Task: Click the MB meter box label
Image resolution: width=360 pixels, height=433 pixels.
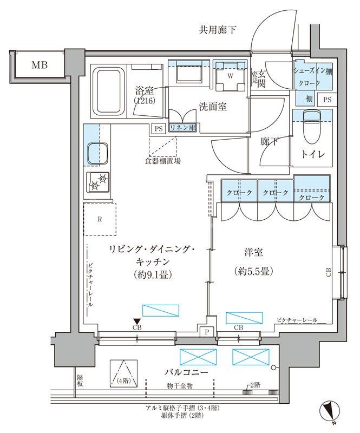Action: (39, 65)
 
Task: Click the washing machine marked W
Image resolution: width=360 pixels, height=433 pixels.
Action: (230, 76)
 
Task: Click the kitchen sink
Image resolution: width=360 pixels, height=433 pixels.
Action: (96, 153)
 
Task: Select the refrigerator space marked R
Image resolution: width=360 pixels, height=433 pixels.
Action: (100, 219)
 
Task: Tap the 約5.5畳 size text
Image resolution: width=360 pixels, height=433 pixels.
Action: (253, 271)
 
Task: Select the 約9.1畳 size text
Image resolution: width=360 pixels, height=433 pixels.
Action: (153, 274)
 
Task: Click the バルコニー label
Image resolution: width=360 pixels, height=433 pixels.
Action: (187, 372)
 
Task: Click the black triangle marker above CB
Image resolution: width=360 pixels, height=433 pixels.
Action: (137, 322)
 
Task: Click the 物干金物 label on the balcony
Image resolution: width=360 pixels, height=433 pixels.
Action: (180, 385)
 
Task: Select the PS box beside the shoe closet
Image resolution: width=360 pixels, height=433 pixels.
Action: (327, 100)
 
